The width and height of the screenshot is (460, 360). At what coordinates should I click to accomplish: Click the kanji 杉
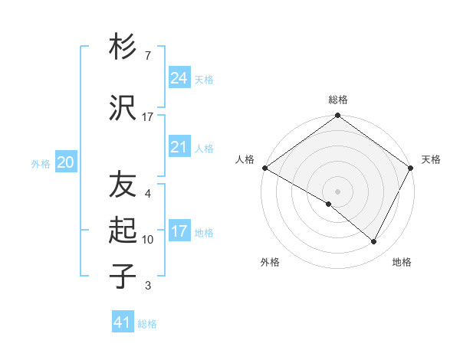click(x=123, y=47)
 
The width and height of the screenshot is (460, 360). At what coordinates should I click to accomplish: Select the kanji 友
click(x=123, y=184)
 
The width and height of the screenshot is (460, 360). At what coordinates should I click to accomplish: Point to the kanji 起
click(x=123, y=229)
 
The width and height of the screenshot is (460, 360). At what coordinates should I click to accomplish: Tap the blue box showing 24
click(x=179, y=77)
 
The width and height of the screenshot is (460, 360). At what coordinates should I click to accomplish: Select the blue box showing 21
click(x=179, y=147)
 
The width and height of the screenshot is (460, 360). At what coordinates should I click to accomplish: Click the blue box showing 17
click(x=179, y=231)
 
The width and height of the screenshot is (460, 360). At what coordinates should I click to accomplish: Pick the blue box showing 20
click(x=65, y=162)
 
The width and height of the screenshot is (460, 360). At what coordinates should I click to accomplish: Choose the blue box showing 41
click(x=123, y=322)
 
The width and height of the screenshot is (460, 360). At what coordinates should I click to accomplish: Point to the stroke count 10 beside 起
click(x=148, y=240)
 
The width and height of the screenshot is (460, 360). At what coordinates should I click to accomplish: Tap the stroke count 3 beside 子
click(x=147, y=286)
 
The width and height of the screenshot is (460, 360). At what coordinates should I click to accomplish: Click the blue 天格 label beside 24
click(x=204, y=79)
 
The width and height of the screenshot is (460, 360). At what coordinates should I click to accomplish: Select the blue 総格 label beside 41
click(x=148, y=324)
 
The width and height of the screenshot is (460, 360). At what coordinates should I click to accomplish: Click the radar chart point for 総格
click(x=337, y=116)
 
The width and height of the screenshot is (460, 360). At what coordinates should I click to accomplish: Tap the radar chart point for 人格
click(x=264, y=168)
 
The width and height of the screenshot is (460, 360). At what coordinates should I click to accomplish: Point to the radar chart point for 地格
click(x=374, y=241)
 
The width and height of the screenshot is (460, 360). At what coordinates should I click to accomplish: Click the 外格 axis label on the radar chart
click(x=270, y=262)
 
